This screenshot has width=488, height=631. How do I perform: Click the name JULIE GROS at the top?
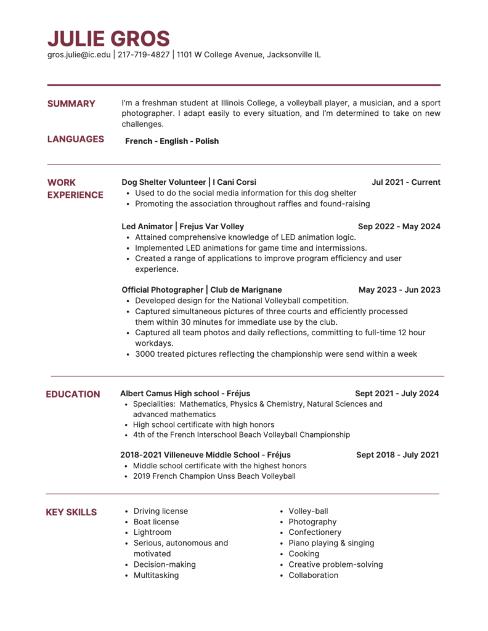coord(108,38)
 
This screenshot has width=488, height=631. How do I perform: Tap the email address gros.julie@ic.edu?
coord(79,55)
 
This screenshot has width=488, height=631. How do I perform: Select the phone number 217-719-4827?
coord(143,55)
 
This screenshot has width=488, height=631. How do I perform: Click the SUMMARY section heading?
coord(71,104)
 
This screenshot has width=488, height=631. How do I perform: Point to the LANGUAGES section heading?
coord(75,139)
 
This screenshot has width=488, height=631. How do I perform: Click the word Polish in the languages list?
coord(207,141)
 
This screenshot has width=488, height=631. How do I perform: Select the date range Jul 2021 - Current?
coord(406,182)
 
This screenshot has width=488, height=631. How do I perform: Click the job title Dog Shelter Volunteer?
coord(164,182)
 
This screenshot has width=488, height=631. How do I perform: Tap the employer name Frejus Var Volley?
coord(212,227)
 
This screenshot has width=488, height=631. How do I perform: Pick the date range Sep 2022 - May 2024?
coord(399,227)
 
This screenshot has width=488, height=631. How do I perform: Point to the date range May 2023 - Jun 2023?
coord(399,290)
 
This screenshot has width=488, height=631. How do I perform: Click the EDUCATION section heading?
coord(73,394)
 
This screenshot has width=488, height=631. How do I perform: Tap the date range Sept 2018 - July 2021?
coord(397,455)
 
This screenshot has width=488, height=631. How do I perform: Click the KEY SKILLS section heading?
coord(71,512)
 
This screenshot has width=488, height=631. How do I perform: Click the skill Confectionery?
coord(315,532)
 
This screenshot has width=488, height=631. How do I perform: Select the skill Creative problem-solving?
coord(336,564)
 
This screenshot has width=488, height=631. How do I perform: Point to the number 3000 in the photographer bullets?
coord(146,354)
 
